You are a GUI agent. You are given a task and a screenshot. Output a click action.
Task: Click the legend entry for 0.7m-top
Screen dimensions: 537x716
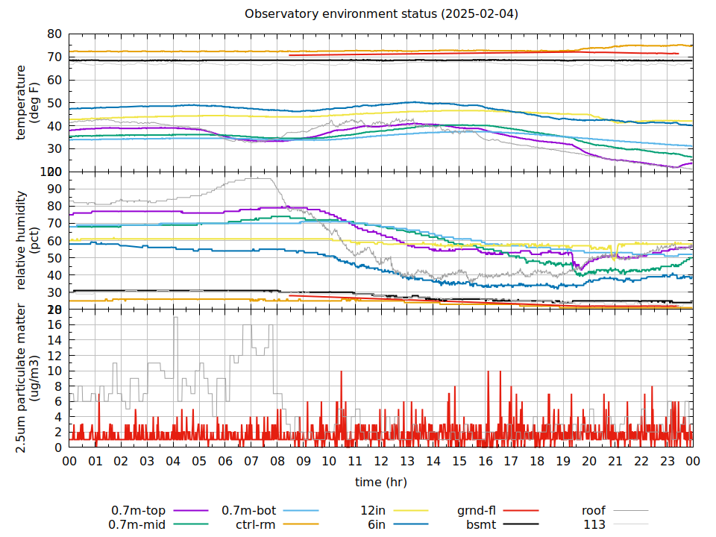[x=139, y=511]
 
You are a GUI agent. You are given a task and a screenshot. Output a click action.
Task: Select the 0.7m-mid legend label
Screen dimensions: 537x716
[x=139, y=525]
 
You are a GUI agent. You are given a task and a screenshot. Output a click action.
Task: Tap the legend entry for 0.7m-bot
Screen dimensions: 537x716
[x=249, y=511]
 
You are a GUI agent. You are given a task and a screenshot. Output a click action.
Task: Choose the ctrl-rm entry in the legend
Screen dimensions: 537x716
[x=256, y=525]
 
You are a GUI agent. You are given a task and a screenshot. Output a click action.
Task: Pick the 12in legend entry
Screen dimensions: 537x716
[x=372, y=511]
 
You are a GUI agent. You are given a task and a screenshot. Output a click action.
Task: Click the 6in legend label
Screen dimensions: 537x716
[x=376, y=525]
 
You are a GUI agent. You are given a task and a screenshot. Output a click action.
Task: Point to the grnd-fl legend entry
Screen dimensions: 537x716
[x=476, y=511]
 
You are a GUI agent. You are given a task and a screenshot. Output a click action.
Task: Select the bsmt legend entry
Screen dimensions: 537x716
[x=481, y=525]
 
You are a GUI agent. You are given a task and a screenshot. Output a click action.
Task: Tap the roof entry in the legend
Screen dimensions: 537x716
[x=594, y=511]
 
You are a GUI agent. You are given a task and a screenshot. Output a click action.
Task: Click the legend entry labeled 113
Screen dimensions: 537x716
[x=594, y=525]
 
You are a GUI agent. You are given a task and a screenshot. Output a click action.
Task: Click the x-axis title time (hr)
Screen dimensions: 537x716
[x=381, y=482]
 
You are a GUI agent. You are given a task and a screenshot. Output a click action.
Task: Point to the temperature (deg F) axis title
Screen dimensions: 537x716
[x=28, y=103]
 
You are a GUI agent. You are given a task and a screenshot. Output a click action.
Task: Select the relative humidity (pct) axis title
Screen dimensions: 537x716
[x=28, y=240]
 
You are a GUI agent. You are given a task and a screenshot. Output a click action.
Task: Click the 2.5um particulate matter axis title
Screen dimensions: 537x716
[x=28, y=377]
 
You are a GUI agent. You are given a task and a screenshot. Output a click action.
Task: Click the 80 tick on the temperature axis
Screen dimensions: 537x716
[x=54, y=34]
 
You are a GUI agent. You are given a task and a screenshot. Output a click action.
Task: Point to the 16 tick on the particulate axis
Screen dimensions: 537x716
[x=54, y=324]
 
